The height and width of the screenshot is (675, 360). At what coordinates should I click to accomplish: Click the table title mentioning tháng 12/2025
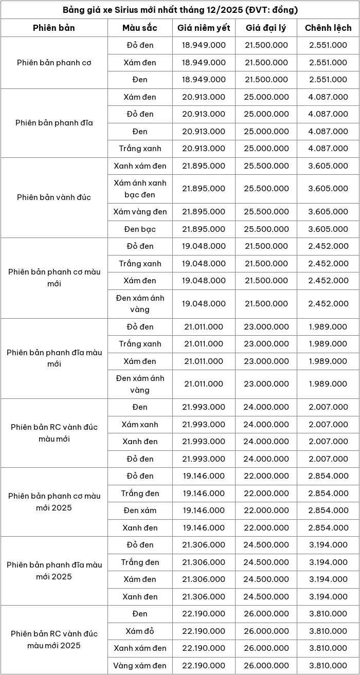(x=180, y=10)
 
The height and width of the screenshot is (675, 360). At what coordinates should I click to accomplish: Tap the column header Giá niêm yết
(x=204, y=28)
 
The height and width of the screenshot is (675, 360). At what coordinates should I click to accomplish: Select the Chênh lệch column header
(x=328, y=28)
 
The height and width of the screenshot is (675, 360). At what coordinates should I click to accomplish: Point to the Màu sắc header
(x=140, y=28)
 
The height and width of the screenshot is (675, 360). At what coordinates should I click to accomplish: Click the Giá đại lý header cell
(x=266, y=28)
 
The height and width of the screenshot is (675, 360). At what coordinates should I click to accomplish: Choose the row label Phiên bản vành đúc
(x=54, y=197)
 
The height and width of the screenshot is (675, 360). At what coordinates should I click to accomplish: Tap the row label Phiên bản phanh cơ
(x=54, y=63)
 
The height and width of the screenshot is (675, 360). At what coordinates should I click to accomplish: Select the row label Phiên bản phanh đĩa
(x=54, y=123)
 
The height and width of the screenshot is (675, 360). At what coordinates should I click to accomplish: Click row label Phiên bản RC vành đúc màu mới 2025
(x=54, y=640)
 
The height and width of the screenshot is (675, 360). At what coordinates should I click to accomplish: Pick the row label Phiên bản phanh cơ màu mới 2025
(x=54, y=502)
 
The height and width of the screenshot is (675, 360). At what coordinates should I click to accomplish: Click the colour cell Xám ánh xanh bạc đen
(x=140, y=189)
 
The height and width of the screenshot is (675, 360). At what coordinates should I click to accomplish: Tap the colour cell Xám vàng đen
(x=140, y=212)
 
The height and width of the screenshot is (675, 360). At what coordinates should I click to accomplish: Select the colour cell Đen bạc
(x=140, y=229)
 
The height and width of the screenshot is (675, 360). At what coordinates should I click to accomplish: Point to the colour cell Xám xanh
(x=140, y=425)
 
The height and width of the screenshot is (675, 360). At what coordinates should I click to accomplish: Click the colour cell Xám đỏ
(x=140, y=631)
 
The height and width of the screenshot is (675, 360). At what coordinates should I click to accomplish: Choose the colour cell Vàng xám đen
(x=140, y=665)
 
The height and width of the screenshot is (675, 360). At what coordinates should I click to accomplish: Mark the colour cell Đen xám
(x=140, y=510)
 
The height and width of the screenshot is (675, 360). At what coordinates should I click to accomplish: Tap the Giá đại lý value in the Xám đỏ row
(x=266, y=631)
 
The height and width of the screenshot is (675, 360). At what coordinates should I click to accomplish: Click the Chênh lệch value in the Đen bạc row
(x=328, y=229)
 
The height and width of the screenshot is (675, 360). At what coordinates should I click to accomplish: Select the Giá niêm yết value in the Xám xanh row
(x=204, y=425)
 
